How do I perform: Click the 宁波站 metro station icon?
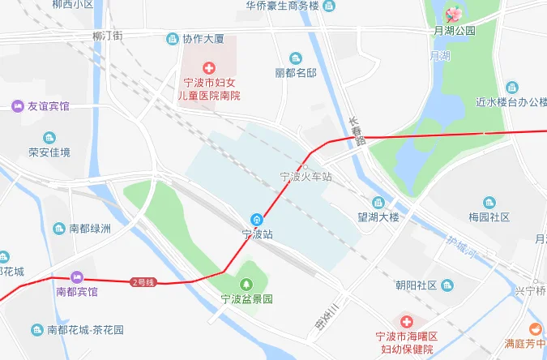pyautogui.click(x=257, y=219)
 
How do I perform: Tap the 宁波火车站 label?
pyautogui.click(x=306, y=176)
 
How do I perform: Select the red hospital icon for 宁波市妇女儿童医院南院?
pyautogui.click(x=209, y=68)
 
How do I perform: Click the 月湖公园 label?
pyautogui.click(x=455, y=31)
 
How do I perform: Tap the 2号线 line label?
pyautogui.click(x=141, y=281)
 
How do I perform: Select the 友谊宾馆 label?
pyautogui.click(x=49, y=106)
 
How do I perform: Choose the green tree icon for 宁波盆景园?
pyautogui.click(x=247, y=283)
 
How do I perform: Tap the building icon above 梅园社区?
pyautogui.click(x=489, y=203)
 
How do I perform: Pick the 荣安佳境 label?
pyautogui.click(x=49, y=152)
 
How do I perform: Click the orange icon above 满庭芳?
pyautogui.click(x=535, y=328)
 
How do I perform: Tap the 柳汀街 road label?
pyautogui.click(x=107, y=36)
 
